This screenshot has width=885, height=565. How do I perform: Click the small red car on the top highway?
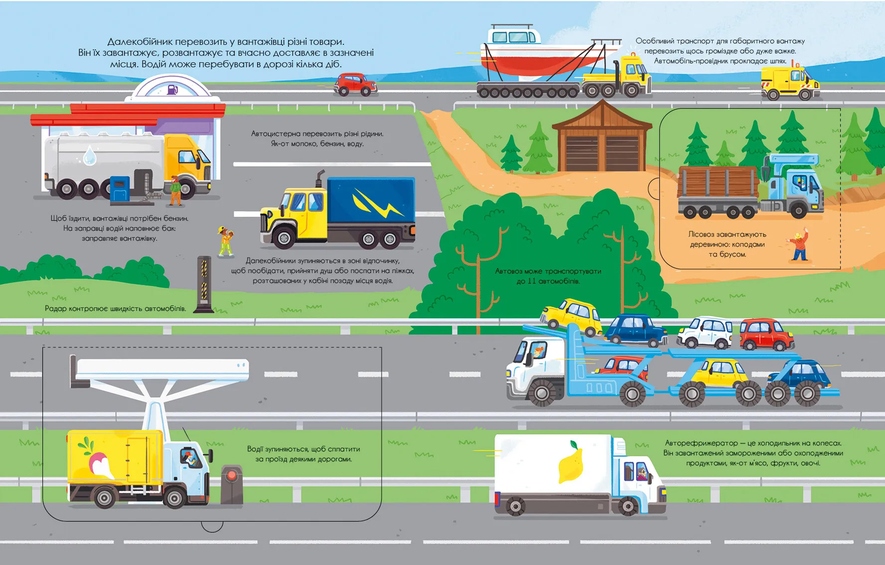[x=355, y=84]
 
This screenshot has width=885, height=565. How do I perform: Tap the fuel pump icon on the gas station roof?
[x=172, y=90]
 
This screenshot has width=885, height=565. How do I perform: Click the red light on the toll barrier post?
[x=231, y=475]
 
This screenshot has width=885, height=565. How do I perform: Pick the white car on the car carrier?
[x=705, y=332]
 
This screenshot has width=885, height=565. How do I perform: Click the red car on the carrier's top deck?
[x=765, y=334]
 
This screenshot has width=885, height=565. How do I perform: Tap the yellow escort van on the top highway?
[x=790, y=83]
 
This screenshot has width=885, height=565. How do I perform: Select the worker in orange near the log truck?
[x=799, y=246]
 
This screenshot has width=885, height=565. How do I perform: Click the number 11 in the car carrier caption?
[x=532, y=281]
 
